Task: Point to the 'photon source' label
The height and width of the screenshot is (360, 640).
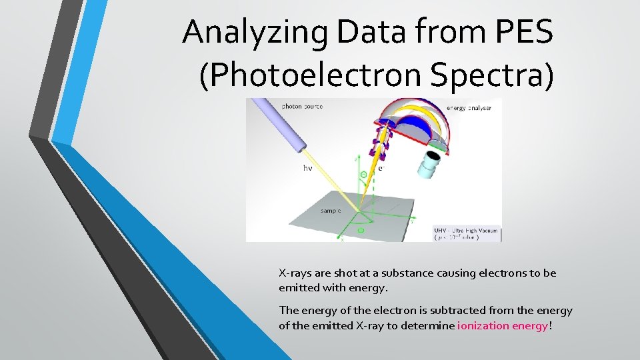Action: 302,106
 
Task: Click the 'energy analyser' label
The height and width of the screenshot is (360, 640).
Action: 469,108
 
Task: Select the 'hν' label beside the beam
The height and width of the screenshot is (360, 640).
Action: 307,169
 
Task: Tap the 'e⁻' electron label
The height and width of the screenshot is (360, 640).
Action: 382,168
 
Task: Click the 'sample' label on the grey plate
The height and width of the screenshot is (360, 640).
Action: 331,210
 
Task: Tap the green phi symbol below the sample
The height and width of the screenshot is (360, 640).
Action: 361,231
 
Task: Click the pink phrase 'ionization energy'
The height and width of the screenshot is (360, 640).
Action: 502,325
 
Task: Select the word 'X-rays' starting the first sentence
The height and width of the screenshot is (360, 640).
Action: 293,273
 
